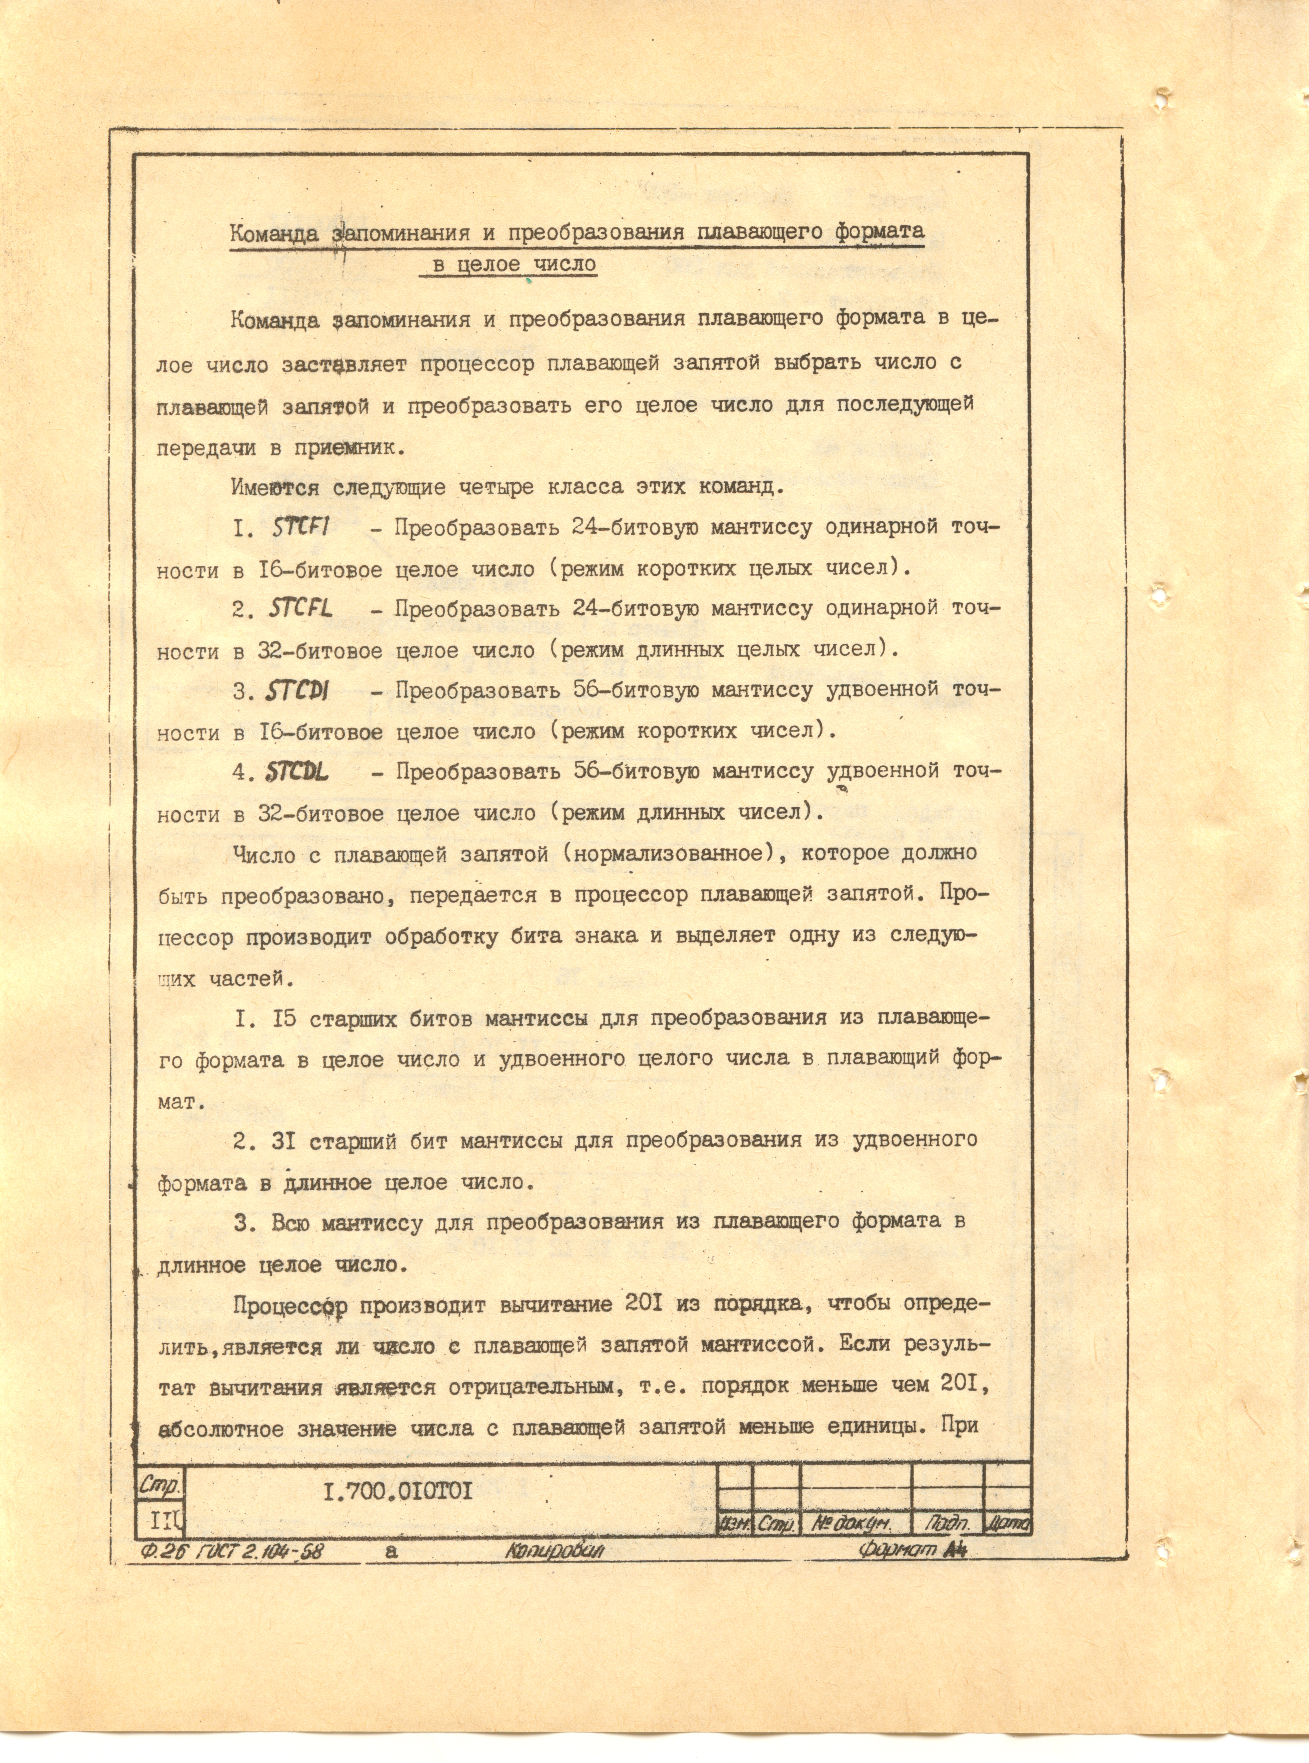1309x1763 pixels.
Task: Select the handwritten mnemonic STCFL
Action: click(x=300, y=609)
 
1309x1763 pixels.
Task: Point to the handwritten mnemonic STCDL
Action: click(x=298, y=772)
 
